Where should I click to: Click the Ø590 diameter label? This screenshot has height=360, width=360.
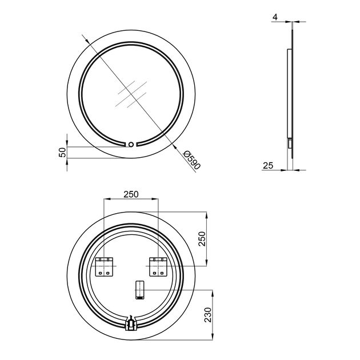coord(192,160)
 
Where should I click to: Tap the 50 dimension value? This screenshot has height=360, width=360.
coord(62,152)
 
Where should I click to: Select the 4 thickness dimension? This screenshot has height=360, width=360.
coord(275,17)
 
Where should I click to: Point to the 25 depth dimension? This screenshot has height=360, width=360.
coord(268,165)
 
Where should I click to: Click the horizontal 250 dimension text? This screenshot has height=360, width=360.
coord(131,194)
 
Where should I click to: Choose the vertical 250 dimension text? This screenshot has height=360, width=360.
coord(202,239)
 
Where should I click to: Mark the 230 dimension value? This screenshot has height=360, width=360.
coord(208,315)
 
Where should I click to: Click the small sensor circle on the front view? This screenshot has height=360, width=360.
coord(131,145)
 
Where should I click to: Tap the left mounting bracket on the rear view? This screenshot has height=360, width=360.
coord(104,267)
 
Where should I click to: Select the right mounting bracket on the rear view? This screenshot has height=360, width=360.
coord(158,267)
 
